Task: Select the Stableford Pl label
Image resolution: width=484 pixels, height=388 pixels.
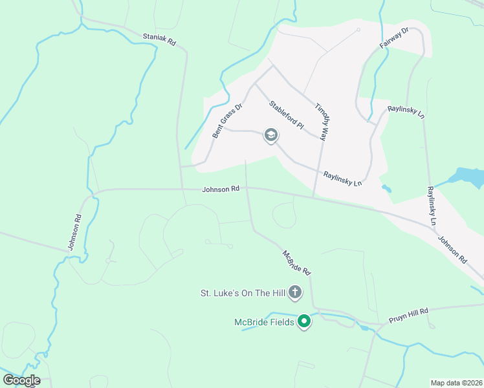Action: point(286,114)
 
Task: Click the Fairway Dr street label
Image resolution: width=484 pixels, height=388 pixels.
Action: point(394,39)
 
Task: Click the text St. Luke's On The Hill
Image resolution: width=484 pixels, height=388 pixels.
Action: point(242,294)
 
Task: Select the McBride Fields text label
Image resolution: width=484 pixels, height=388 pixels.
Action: point(264,322)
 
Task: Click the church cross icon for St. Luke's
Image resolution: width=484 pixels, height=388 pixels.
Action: point(295,292)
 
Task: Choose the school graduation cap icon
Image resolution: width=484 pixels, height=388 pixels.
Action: point(270,135)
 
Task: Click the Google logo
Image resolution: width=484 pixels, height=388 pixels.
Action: point(21,380)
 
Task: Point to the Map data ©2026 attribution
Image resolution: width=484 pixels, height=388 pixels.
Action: point(456,383)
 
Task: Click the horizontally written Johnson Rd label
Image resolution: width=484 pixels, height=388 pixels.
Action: point(221,189)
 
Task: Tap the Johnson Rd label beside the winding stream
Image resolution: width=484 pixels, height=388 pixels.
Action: point(73,233)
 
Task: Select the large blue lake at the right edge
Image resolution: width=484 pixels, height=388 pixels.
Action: point(467,177)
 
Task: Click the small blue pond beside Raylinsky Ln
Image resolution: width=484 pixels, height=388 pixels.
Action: point(386,189)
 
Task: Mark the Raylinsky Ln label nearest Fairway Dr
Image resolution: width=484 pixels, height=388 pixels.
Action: point(406,112)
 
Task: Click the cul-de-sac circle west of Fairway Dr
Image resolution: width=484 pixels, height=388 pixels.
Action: point(358,29)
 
